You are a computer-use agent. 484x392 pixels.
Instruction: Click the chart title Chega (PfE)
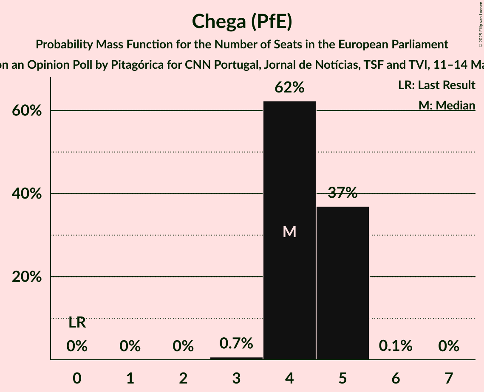pos(242,22)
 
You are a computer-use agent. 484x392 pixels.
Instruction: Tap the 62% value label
pos(289,88)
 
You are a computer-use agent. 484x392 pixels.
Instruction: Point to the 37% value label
pos(342,193)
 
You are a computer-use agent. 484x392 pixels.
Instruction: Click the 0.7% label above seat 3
pos(236,343)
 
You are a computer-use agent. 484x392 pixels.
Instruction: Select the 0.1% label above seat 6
pos(396,346)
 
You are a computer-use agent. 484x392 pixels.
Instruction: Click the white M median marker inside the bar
pos(289,232)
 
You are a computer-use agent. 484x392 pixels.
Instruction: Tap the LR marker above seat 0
pos(77,323)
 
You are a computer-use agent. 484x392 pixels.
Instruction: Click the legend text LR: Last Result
pos(436,85)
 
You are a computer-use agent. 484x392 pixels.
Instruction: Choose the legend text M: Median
pos(447,105)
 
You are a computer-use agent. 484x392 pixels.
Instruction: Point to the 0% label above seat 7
pos(449,346)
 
